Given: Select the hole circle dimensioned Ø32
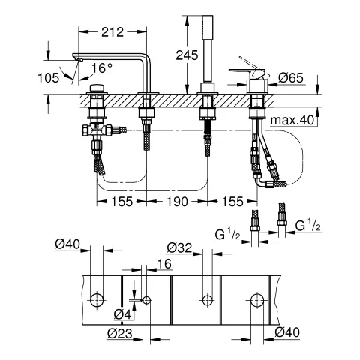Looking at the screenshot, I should click(203, 300).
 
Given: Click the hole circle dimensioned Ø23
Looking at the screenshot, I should click(146, 300).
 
